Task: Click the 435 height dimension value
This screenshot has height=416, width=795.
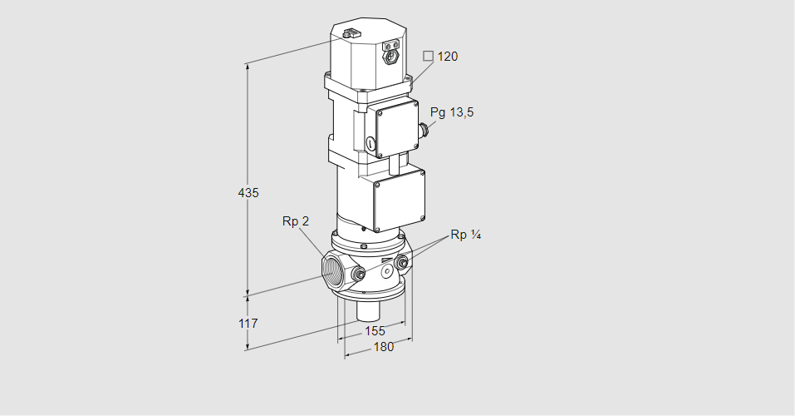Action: (x=248, y=192)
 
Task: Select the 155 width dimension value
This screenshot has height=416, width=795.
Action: (x=375, y=331)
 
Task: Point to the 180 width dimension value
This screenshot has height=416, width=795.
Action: (x=383, y=347)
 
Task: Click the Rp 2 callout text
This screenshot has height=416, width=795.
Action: (x=295, y=221)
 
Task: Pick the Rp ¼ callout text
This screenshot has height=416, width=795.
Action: (x=466, y=235)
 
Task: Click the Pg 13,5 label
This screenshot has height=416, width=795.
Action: (x=452, y=112)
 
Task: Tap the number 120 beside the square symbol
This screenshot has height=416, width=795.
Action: (x=447, y=57)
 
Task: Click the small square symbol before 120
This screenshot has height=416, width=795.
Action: (x=428, y=57)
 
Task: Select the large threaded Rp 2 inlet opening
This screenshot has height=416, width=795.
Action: (x=337, y=272)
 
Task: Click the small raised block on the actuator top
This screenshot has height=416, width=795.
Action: (x=350, y=34)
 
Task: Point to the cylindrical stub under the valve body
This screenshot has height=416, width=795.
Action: (x=367, y=313)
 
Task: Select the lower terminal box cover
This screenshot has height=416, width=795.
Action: (x=399, y=201)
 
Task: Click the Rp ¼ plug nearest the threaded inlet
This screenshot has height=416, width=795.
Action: (x=359, y=275)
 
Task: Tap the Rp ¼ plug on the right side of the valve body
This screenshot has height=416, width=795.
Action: (x=403, y=264)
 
